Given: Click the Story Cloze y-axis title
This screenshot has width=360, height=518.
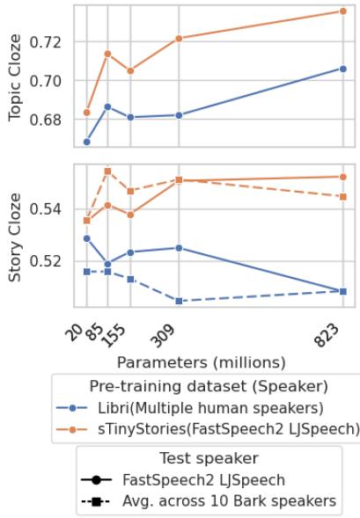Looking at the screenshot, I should click(15, 237).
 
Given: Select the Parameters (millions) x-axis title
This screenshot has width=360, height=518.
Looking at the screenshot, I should click(202, 362).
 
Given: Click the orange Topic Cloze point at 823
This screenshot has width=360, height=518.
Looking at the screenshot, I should click(342, 11).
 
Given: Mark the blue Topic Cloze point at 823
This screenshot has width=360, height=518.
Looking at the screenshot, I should click(342, 69).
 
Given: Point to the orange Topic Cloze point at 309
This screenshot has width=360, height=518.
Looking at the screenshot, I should click(179, 39).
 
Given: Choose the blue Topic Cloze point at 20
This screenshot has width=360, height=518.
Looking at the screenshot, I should click(86, 142).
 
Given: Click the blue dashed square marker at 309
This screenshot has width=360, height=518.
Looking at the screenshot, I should click(179, 301).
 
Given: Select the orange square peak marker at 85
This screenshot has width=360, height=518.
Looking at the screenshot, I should click(107, 171).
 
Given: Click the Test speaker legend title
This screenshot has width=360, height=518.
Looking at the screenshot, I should click(208, 458).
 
